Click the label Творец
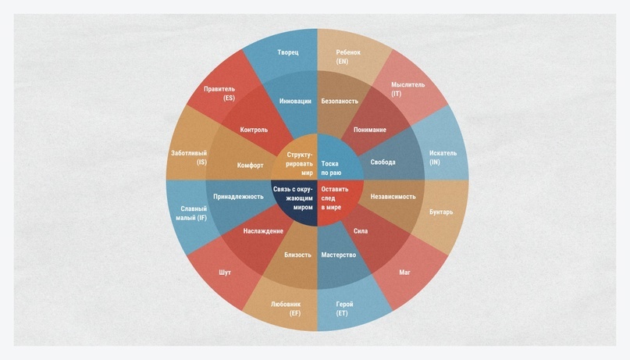288,53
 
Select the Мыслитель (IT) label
408,89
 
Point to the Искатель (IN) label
442,158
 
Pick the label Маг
404,273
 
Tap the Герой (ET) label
343,308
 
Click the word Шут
225,273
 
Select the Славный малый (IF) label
190,212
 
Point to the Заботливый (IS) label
189,158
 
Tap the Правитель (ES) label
219,94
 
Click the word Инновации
295,102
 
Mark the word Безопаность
340,102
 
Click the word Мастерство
339,255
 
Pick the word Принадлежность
238,197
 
